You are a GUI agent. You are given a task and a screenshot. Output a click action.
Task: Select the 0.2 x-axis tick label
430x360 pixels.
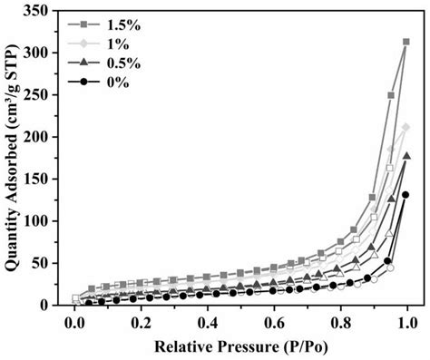pyautogui.click(x=142, y=322)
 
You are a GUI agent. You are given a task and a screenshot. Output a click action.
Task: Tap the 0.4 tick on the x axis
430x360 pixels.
pyautogui.click(x=208, y=322)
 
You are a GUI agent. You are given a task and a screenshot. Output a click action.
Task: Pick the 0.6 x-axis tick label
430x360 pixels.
pyautogui.click(x=274, y=322)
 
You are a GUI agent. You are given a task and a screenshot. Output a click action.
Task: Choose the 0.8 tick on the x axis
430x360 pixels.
pyautogui.click(x=340, y=322)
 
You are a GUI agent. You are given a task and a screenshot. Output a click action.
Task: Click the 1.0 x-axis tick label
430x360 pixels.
pyautogui.click(x=406, y=322)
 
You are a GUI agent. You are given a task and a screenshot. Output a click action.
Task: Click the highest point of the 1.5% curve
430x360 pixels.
pyautogui.click(x=406, y=41)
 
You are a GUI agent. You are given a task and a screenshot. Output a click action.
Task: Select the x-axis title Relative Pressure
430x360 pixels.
pyautogui.click(x=240, y=347)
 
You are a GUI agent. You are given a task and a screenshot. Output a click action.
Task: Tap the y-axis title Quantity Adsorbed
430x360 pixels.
pyautogui.click(x=15, y=159)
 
